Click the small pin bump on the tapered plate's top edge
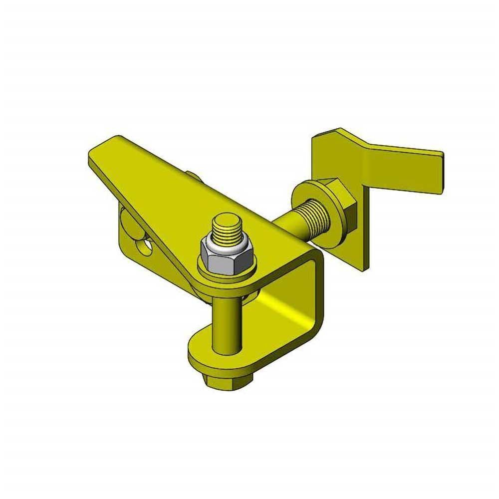tap(193, 175)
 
